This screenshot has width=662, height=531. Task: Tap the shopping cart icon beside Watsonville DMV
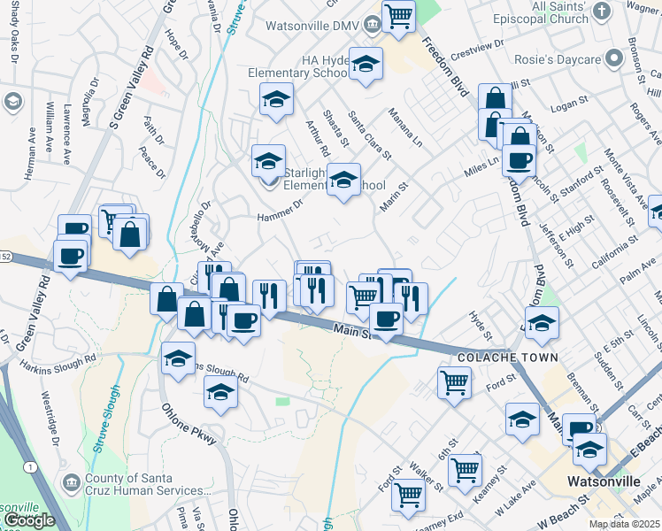pos(399,16)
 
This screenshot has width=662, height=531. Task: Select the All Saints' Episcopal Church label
pos(548,12)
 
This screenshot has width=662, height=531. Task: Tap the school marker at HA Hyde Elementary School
pos(365,64)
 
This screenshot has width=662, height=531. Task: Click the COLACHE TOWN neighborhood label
pos(508,358)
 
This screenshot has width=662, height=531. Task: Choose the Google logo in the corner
pos(29,519)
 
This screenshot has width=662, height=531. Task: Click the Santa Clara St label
pos(369,135)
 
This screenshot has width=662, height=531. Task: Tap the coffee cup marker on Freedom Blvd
pos(519,160)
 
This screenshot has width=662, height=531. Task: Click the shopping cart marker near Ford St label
pos(454,383)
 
